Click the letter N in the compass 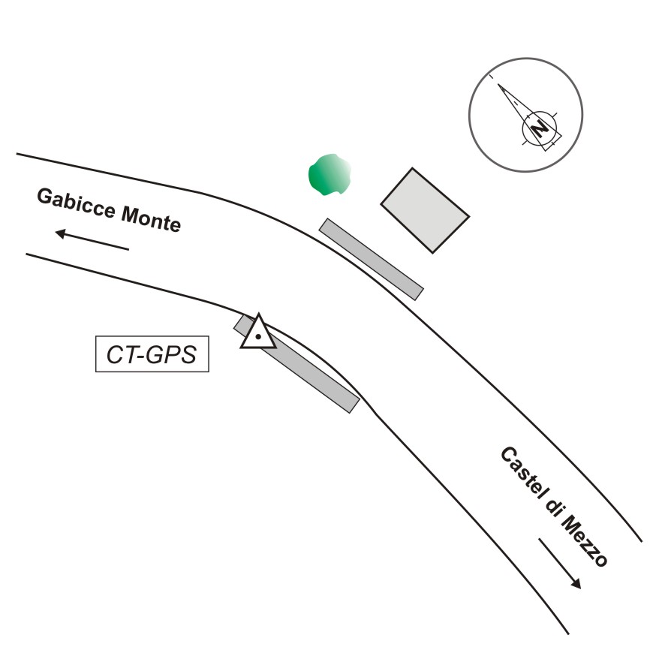point(539,129)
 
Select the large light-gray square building point(425,209)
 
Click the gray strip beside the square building point(372,259)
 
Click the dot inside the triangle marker point(258,337)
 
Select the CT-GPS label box point(152,355)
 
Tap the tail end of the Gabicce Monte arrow point(128,248)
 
